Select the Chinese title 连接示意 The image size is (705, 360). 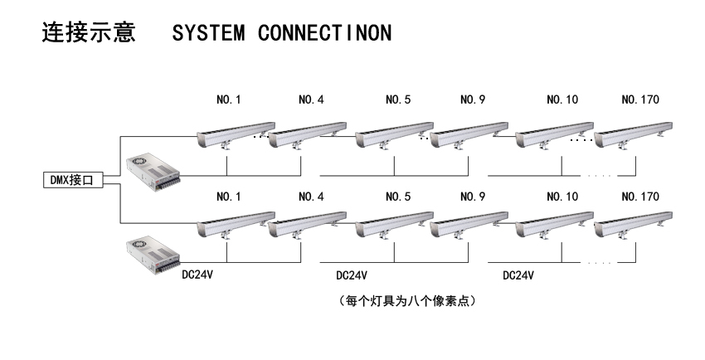[88, 34]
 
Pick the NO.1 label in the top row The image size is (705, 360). [228, 100]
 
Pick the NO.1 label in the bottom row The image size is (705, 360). [228, 197]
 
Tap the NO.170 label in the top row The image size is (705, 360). [639, 100]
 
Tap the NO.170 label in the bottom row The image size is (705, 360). [639, 197]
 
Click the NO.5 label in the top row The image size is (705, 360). [398, 100]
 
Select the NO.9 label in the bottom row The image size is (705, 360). [473, 197]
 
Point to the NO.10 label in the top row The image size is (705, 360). [562, 100]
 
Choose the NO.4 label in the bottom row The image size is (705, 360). [311, 197]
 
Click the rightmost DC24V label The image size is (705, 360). [518, 275]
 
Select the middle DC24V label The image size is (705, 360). [352, 275]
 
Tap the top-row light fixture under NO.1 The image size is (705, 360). [235, 133]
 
